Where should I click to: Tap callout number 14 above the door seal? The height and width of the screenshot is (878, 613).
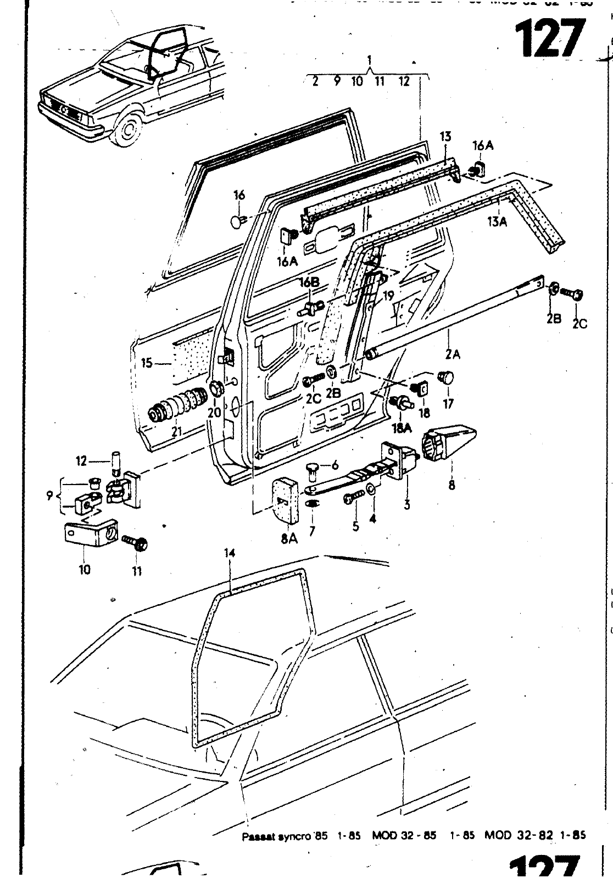coord(230,553)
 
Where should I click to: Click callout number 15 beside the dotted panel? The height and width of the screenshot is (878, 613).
coord(147,363)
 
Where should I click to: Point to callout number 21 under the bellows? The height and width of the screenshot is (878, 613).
coord(176,432)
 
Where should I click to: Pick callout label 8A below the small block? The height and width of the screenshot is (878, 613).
coord(289,539)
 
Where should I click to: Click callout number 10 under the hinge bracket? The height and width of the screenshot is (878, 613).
coord(85,570)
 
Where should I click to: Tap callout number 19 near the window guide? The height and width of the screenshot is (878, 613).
coord(388,296)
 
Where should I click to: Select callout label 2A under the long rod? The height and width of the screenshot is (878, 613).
coord(452,354)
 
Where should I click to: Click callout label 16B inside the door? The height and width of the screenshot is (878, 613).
coord(309,282)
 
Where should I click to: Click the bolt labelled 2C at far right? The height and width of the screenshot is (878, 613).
coord(575,295)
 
